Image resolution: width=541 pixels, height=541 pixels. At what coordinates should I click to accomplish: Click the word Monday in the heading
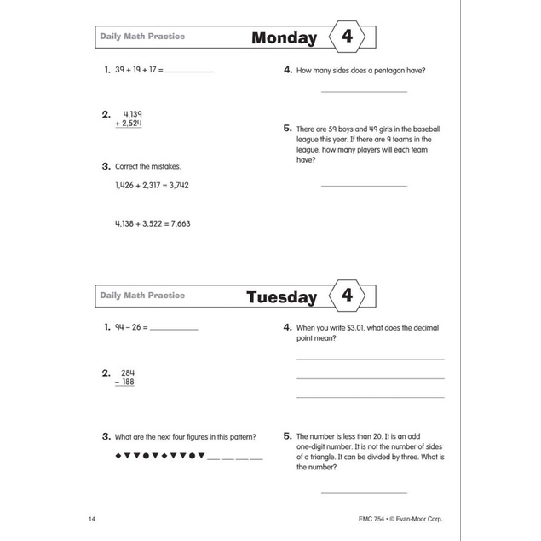point(284,37)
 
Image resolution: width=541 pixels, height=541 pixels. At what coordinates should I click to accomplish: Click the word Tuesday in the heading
point(281,297)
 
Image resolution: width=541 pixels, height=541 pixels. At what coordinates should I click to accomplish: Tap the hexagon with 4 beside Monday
point(347,37)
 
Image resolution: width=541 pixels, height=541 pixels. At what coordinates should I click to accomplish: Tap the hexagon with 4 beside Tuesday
point(347,296)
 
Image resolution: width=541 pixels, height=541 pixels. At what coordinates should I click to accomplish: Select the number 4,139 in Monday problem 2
point(132,113)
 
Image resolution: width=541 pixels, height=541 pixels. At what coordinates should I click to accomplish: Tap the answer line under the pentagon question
point(364,91)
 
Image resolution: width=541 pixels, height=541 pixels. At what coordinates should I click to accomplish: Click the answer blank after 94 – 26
point(173,328)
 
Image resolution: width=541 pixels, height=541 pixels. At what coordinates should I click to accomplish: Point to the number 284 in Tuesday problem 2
point(128,372)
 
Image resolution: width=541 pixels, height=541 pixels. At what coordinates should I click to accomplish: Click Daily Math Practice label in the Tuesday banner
point(142,296)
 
